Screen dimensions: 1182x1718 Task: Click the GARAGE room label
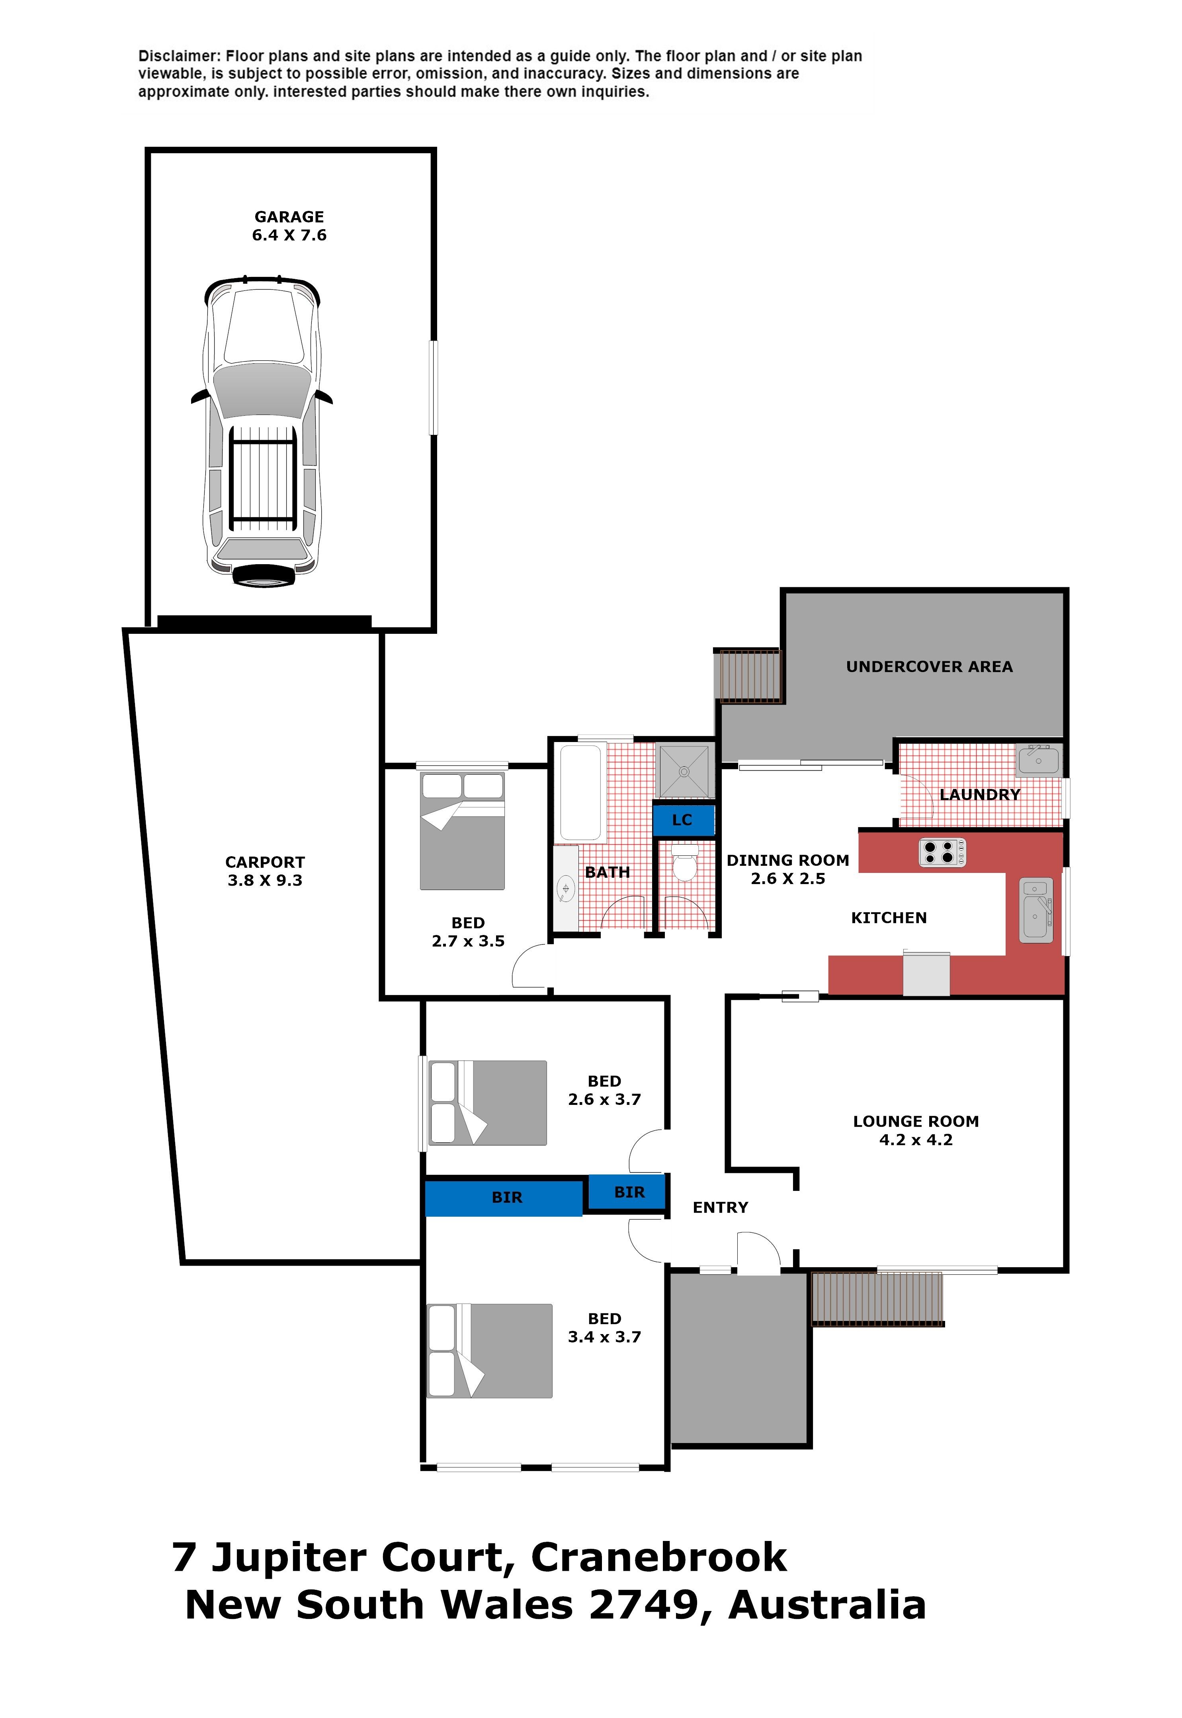pyautogui.click(x=289, y=217)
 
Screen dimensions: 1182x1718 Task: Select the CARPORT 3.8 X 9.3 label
pyautogui.click(x=265, y=871)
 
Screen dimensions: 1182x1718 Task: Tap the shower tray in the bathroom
pyautogui.click(x=685, y=772)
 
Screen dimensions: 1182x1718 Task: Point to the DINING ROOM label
pyautogui.click(x=788, y=860)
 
